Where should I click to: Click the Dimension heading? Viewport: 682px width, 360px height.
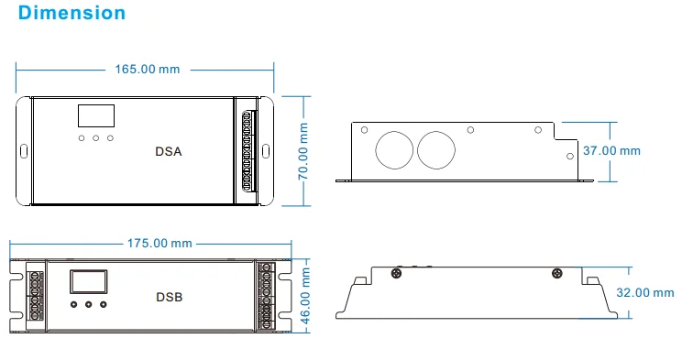(71, 13)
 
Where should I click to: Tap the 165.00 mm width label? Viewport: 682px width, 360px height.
(148, 70)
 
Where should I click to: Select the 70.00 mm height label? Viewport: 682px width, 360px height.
(303, 151)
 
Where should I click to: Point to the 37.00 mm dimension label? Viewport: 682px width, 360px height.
(611, 151)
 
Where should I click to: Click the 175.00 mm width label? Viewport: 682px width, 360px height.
(159, 243)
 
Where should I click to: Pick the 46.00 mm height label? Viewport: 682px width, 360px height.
(306, 296)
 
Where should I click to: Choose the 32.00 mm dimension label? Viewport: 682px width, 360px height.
(645, 292)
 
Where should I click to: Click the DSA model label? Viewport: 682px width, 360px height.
(169, 151)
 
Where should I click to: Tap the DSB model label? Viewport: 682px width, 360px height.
(170, 297)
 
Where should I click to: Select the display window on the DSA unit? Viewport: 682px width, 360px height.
(96, 115)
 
